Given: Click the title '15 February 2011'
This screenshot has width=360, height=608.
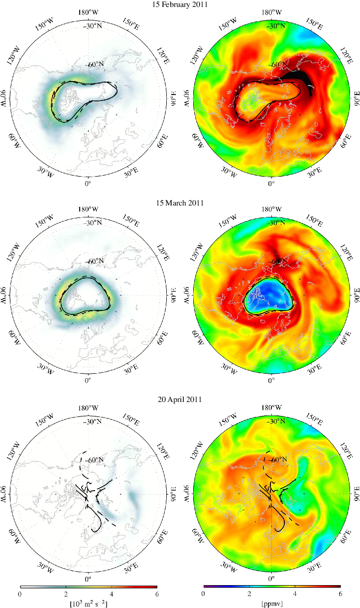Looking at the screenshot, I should point(180,4).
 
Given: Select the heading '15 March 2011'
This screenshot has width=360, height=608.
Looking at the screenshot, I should point(180,203).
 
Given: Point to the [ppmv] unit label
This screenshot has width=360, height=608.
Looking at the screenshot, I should point(271,604).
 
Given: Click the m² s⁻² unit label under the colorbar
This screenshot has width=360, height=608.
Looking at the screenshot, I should point(88,604).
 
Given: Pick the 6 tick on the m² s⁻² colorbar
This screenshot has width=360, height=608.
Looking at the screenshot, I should point(157,594).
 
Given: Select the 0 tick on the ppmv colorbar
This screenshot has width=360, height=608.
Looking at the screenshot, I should point(203,594).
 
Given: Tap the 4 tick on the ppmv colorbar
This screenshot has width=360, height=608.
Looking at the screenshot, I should point(295,594).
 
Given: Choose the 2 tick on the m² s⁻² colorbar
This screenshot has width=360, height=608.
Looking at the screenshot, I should point(65,594).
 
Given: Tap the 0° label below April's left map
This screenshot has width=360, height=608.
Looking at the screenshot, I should point(88,580).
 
